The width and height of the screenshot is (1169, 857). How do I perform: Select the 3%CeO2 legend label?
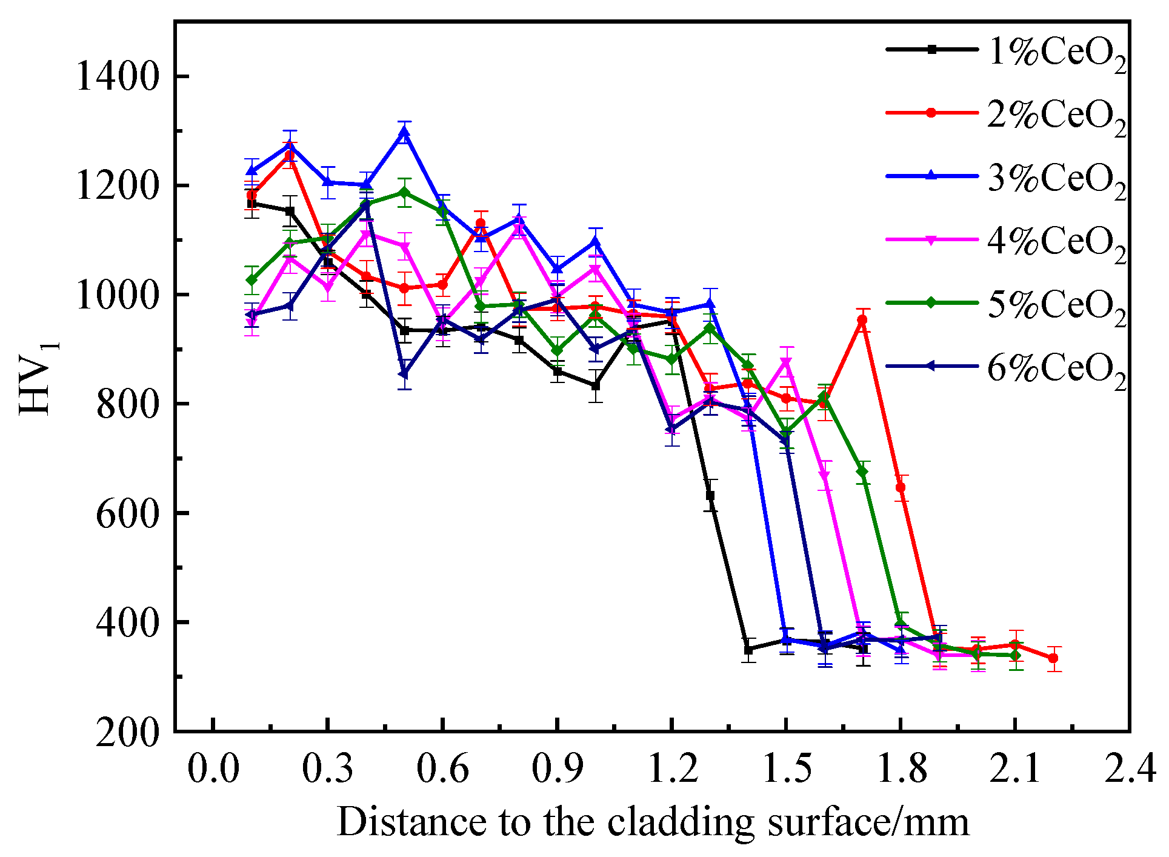[x=1057, y=179]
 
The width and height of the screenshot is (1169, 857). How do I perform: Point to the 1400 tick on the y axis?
[x=116, y=77]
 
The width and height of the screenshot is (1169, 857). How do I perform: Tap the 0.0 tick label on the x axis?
[x=213, y=769]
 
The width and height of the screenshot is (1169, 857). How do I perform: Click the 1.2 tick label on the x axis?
[x=673, y=769]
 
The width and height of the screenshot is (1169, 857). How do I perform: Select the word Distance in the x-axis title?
[x=413, y=822]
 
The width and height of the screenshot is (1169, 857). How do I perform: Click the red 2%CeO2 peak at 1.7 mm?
[x=862, y=320]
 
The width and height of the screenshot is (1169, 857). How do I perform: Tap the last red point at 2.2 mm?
[x=1053, y=658]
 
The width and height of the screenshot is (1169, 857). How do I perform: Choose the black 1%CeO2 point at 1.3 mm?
[x=710, y=496]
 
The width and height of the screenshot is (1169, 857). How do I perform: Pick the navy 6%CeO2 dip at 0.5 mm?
[x=404, y=373]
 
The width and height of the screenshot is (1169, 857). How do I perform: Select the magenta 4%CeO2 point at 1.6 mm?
[x=824, y=475]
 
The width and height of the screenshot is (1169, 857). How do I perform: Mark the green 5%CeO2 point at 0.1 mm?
[x=252, y=280]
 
